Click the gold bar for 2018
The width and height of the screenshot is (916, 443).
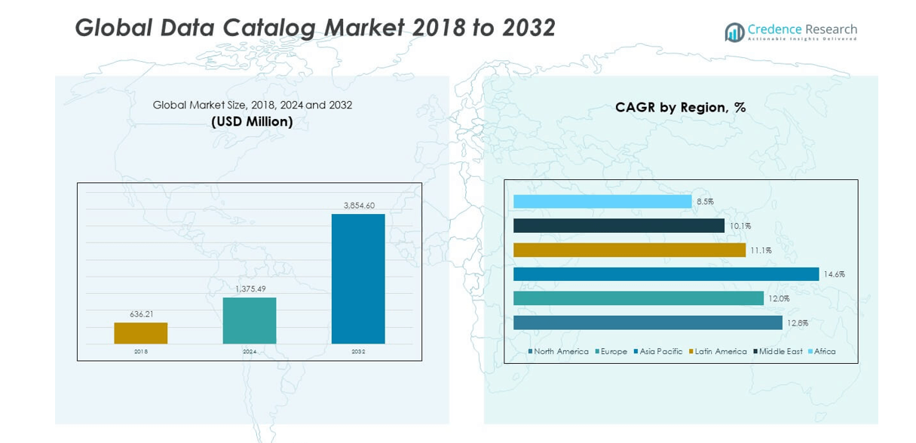pos(141,333)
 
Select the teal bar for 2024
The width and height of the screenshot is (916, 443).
pos(250,320)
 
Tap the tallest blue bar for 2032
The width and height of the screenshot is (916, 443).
pos(358,279)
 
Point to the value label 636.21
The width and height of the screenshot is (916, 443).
pos(141,314)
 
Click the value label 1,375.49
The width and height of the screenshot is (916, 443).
pos(250,289)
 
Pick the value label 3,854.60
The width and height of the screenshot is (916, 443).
pos(359,205)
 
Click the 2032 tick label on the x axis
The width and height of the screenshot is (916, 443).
pos(358,352)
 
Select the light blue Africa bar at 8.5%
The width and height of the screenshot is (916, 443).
pos(602,202)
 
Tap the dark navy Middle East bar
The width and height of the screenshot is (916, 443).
pos(618,226)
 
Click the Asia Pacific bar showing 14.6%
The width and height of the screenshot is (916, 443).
pos(666,274)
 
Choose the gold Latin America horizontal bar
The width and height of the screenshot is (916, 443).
pos(630,250)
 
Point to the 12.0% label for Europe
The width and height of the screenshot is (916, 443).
pos(779,299)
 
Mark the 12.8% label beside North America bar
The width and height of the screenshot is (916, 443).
pos(798,323)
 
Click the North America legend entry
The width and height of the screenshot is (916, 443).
pos(559,352)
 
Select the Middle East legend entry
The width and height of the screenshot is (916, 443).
pos(778,352)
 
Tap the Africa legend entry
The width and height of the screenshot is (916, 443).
pos(822,352)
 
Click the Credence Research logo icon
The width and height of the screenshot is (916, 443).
pos(734,32)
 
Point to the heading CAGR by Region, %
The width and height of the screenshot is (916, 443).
pos(680,108)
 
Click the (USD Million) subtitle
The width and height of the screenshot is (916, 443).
pos(252,121)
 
